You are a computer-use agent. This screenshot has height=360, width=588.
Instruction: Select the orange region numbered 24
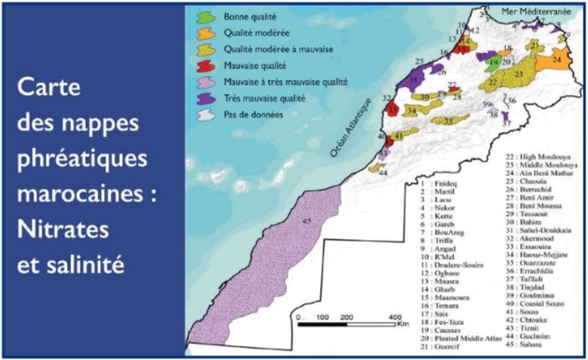coord(558,61)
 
